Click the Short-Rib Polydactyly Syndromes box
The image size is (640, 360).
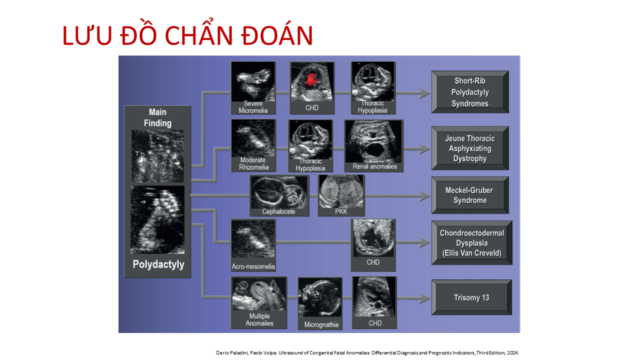(470, 92)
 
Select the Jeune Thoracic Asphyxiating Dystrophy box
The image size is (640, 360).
(470, 148)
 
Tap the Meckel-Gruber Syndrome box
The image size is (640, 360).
(470, 195)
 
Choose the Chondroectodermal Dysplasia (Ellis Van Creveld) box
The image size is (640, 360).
(471, 242)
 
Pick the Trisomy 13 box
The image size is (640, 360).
(471, 297)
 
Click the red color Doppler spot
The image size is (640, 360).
(311, 79)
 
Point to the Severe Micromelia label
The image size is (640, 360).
(253, 107)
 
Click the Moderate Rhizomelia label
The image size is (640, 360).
(253, 163)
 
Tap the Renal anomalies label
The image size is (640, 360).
(374, 166)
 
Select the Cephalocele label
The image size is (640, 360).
(278, 211)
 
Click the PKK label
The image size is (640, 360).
(341, 211)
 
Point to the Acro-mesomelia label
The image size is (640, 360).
(253, 266)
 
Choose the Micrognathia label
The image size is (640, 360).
(321, 324)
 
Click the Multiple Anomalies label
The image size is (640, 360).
(259, 319)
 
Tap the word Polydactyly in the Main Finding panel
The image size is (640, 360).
(158, 264)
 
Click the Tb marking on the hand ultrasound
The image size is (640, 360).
(139, 154)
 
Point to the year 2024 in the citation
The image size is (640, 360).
(513, 353)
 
